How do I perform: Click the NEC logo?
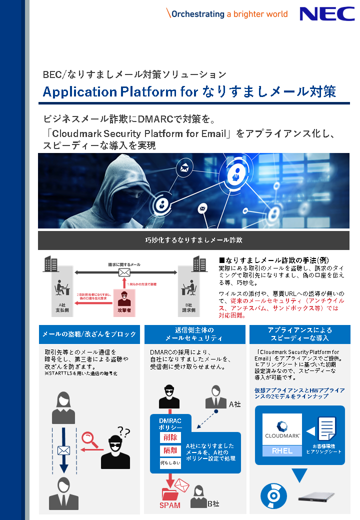tap(327, 14)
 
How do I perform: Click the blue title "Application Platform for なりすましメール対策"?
tap(189, 92)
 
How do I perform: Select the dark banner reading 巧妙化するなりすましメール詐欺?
tap(193, 240)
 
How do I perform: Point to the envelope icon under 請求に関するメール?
tap(124, 272)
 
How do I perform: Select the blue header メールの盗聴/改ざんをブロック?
tap(89, 334)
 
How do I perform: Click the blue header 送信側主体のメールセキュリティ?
tap(194, 334)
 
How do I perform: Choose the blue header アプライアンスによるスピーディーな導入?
tap(299, 334)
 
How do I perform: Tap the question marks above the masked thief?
tap(123, 431)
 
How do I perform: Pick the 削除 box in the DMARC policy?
tap(170, 437)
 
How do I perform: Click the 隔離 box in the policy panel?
tap(170, 451)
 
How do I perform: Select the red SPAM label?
tap(170, 505)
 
